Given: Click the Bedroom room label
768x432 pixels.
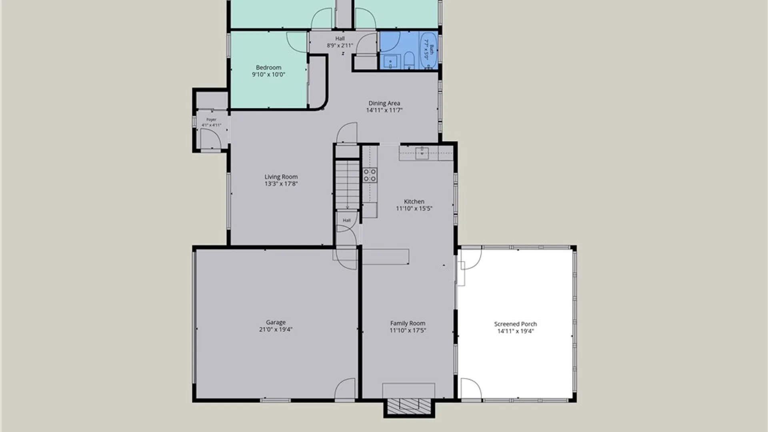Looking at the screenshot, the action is pos(268,68).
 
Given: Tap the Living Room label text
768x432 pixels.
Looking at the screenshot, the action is pos(281,177).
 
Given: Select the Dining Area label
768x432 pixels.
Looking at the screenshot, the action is pos(384,103).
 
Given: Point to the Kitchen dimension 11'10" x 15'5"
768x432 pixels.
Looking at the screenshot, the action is pos(414,208).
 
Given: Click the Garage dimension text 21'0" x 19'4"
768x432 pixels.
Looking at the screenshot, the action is pos(276,330).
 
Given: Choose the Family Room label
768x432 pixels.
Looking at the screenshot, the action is pos(408,323).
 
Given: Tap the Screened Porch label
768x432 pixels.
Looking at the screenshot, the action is pos(515,324).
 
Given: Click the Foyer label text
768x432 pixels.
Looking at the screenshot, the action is pos(211,120).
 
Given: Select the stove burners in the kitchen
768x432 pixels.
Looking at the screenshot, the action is pos(370,175).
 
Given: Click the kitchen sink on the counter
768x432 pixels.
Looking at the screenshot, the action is pos(422,153).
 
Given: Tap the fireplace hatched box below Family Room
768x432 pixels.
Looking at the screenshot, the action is pos(409,407).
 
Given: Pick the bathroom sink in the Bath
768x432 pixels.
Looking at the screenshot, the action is pos(390,62).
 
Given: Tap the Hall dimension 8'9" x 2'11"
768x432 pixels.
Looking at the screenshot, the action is pos(340,46).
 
